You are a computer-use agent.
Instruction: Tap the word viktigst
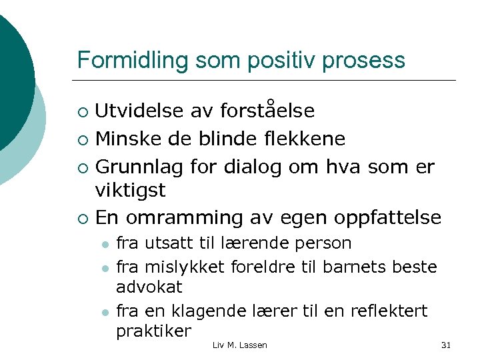click(131, 191)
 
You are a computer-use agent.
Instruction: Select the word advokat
click(149, 287)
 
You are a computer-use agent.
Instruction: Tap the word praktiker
click(153, 331)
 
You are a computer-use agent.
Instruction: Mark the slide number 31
click(446, 345)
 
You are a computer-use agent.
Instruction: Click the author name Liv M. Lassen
click(239, 345)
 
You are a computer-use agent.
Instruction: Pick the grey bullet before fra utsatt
click(104, 244)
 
